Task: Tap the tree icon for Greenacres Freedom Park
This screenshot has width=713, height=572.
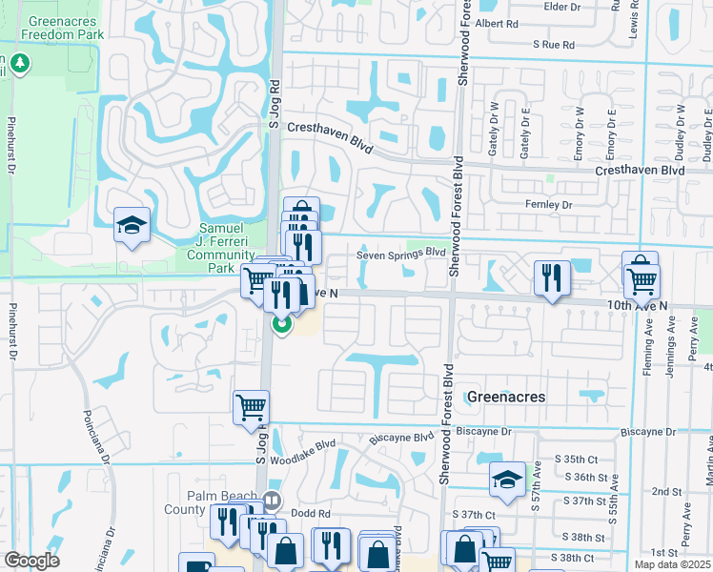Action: pos(21,64)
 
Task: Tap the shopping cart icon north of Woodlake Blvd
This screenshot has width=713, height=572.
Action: pos(251,406)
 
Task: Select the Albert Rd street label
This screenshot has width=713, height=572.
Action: pos(496,23)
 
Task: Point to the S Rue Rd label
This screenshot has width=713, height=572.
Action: pos(554,45)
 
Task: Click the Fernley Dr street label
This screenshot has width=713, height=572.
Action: pos(548,205)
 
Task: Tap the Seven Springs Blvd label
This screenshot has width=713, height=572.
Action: pos(401,254)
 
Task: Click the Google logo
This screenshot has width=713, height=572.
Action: pos(31,561)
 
